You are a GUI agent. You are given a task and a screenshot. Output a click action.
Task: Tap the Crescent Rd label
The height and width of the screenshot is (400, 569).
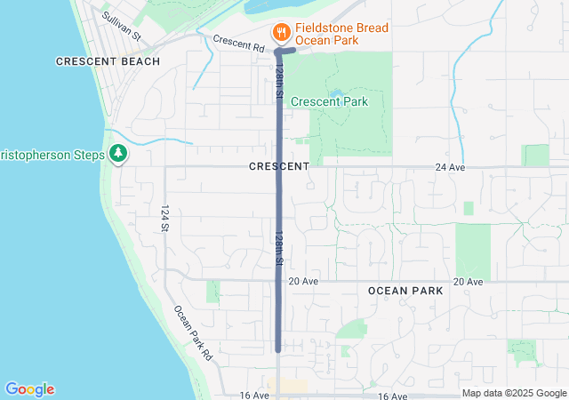pyautogui.click(x=239, y=42)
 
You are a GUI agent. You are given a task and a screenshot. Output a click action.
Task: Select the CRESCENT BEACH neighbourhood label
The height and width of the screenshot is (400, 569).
pyautogui.click(x=108, y=61)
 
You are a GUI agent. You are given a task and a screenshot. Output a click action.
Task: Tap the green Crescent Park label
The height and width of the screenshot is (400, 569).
pyautogui.click(x=329, y=101)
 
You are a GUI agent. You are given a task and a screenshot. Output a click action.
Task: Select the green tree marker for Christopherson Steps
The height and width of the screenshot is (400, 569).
pyautogui.click(x=117, y=154)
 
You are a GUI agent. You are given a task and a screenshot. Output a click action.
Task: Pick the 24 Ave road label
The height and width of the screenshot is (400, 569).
pyautogui.click(x=451, y=167)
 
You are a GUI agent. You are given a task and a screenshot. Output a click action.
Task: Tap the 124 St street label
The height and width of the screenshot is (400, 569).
pyautogui.click(x=165, y=218)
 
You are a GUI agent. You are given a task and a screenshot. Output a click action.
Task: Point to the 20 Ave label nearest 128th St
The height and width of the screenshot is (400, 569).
pyautogui.click(x=302, y=281)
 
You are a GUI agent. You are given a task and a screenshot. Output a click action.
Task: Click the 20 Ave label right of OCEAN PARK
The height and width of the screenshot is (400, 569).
pyautogui.click(x=468, y=281)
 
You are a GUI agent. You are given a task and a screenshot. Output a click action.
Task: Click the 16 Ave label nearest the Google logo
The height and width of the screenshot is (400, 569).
pyautogui.click(x=253, y=395)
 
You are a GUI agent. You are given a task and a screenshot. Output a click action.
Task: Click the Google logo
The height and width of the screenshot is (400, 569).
pyautogui.click(x=29, y=389)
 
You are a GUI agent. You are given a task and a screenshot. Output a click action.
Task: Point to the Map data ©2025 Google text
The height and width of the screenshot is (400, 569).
pyautogui.click(x=514, y=394)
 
